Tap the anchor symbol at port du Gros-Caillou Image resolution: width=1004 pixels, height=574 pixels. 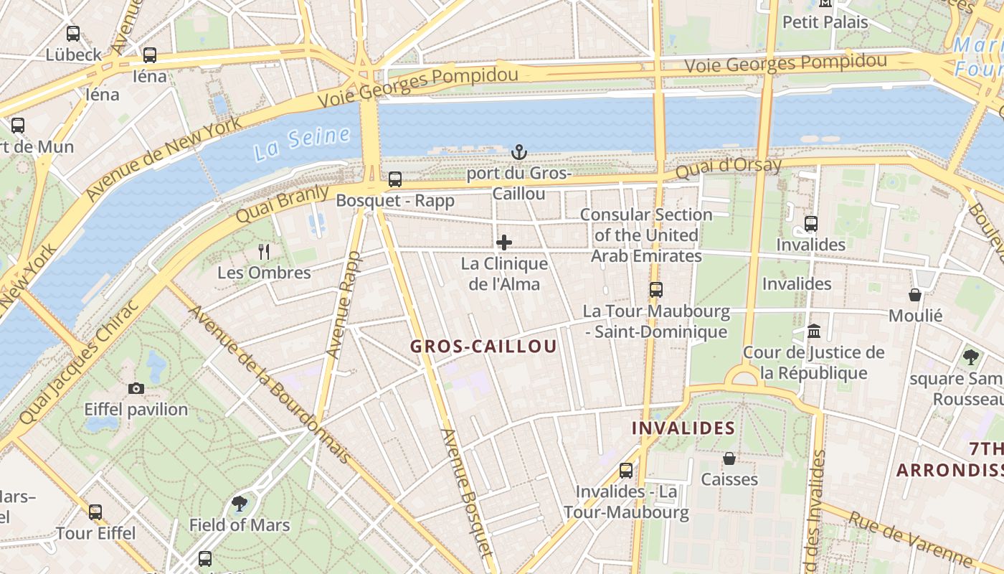(x=518, y=152)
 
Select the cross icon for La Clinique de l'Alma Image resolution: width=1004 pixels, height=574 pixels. (x=504, y=243)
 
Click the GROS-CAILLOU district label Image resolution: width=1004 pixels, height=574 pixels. (x=483, y=347)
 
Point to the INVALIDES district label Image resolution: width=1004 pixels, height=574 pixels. (x=683, y=428)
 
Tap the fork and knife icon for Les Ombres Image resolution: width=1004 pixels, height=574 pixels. (x=264, y=251)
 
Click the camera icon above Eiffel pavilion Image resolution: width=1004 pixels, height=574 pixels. (x=136, y=389)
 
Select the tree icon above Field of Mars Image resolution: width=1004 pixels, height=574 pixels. (x=240, y=504)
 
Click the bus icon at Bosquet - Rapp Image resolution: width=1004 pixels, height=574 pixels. (x=395, y=179)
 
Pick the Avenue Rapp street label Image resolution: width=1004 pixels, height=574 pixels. (x=344, y=305)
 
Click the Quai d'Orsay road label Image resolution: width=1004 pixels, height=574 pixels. (x=728, y=168)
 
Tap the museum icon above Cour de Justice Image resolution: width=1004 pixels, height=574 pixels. (x=814, y=331)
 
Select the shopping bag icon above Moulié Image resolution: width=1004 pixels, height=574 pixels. (x=915, y=294)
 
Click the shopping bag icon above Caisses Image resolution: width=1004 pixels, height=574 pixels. (x=729, y=458)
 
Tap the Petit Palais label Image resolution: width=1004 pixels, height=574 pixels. (x=825, y=22)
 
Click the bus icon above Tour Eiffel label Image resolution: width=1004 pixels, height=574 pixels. (x=95, y=512)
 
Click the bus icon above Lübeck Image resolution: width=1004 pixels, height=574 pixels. (x=73, y=34)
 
